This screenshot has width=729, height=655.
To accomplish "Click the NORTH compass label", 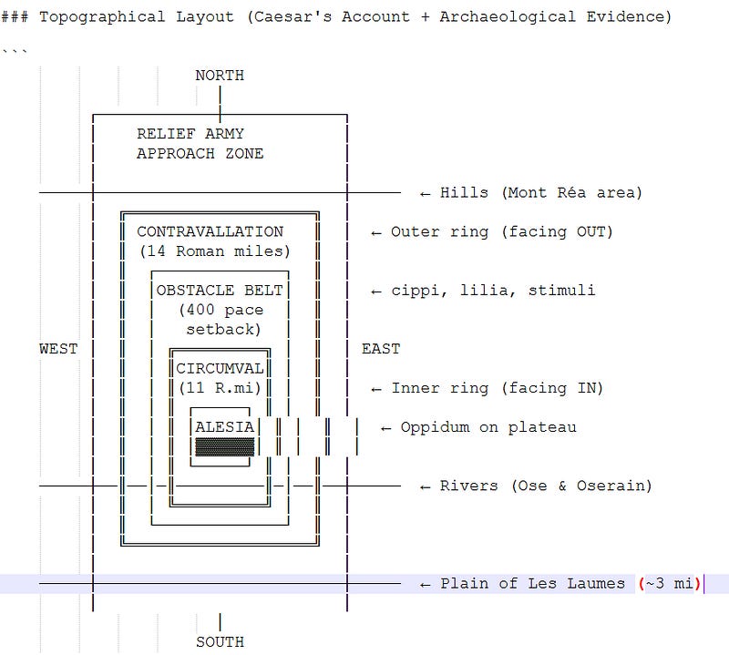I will pos(220,76).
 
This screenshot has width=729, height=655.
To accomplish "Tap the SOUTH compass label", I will pos(220,641).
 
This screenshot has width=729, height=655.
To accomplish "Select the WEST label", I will pos(58,349).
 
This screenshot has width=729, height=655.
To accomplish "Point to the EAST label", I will pos(381,349).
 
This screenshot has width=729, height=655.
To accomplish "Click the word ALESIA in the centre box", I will pos(225,427).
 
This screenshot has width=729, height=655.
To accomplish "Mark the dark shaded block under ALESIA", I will pos(225,446).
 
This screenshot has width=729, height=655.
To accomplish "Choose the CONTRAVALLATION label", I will pos(210,231).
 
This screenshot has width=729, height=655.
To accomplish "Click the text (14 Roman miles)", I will pos(214,251).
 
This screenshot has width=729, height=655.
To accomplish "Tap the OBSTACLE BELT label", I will pos(220,291).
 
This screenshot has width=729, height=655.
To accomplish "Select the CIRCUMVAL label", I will pos(220,369).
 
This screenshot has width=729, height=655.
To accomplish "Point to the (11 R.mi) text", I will pos(220,389).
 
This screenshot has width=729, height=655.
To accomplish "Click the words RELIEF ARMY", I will pos(190,134).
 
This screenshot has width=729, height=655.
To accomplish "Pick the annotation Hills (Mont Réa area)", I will pos(541,192).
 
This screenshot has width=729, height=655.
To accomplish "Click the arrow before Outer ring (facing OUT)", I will pos(376,232).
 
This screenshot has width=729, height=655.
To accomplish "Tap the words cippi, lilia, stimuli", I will pos(493,291).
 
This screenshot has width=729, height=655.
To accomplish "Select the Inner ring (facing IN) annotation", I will pos(498,389).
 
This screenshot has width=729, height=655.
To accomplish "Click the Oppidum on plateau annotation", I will pos(488,427).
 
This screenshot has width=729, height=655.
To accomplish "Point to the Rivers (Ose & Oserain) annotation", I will pos(546,486).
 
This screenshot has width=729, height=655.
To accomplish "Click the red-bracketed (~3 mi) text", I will pos(670,583).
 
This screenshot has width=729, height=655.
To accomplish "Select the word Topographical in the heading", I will pos(93,17).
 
